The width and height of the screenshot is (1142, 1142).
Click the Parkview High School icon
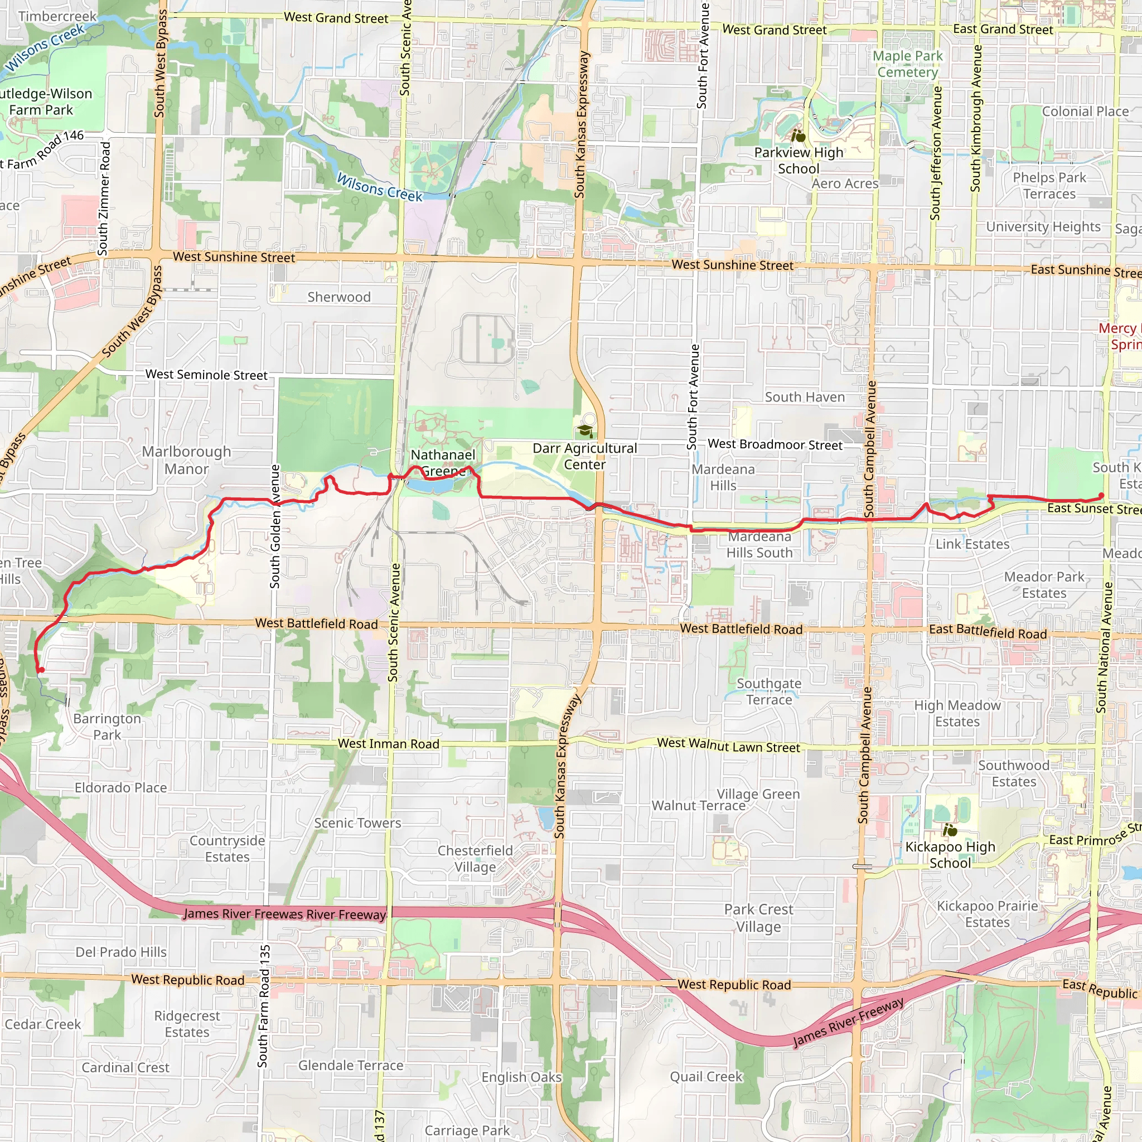[x=799, y=136]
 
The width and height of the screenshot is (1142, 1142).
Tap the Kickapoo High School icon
[x=950, y=830]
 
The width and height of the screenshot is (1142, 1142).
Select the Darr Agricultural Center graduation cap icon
[x=585, y=431]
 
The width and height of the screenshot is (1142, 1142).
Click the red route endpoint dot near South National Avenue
[x=1101, y=496]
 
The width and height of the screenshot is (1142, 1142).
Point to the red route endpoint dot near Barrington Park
[x=41, y=670]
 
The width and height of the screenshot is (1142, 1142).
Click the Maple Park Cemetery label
[x=908, y=64]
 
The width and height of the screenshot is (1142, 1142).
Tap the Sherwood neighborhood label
[x=338, y=297]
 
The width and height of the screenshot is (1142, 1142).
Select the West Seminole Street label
[x=206, y=375]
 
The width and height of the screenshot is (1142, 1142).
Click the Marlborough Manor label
[x=186, y=460]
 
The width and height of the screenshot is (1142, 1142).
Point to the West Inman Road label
[x=388, y=744]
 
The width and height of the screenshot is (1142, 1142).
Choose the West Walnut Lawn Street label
[x=728, y=746]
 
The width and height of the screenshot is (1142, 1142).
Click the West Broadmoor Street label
[x=775, y=444]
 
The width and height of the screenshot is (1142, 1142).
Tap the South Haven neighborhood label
[x=805, y=397]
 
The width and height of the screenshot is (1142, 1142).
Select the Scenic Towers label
[x=357, y=823]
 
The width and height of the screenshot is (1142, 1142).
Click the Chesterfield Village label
[x=475, y=858]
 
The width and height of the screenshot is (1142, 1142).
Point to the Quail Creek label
[x=706, y=1076]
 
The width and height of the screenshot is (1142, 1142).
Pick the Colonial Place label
[x=1085, y=112]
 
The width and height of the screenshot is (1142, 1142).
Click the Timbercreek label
[x=57, y=16]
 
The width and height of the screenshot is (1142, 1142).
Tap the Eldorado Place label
[x=120, y=788]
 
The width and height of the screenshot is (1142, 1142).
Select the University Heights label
[x=1043, y=227]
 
